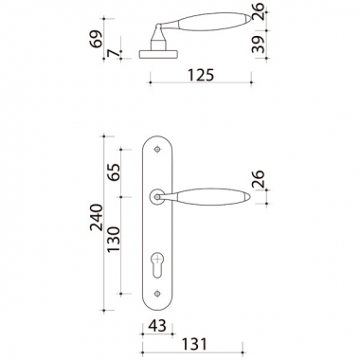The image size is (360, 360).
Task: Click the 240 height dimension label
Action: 97,218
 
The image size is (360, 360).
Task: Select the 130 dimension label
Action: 114,240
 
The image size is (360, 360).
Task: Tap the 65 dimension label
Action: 114,171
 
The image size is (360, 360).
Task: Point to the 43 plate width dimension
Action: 157,326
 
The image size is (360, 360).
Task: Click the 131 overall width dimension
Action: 194,344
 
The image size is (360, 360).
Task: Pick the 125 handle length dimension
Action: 201,75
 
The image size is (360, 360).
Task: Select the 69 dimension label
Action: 96,39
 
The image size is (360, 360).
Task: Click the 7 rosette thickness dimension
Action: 114,54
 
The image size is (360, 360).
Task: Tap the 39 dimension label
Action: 259,45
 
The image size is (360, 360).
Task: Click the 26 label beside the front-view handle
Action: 259,179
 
